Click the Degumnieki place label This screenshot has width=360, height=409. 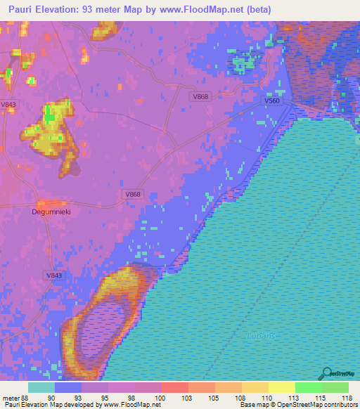pos(52,211)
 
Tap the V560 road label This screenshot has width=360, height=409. pos(272,101)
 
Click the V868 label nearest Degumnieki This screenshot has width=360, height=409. pos(131,194)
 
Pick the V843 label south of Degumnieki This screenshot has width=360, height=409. pos(53,275)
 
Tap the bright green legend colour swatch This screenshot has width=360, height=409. pos(308,387)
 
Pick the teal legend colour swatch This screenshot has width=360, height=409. pos(41,387)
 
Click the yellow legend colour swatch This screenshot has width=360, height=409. pos(281,387)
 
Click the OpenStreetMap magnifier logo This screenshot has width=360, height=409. pos(326,372)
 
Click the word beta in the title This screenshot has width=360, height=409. pos(259,9)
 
